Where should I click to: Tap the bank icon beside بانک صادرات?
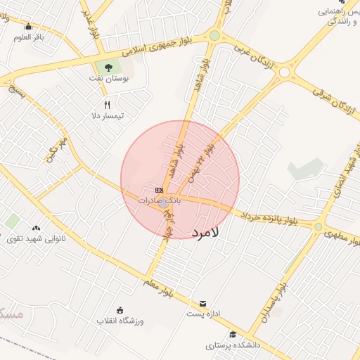tap(160, 190)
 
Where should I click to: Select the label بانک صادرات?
tap(159, 200)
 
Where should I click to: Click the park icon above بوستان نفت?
tap(108, 67)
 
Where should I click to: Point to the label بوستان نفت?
tap(112, 79)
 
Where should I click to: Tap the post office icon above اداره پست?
tap(203, 303)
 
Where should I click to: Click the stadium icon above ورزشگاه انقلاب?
tap(120, 310)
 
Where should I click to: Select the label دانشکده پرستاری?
tap(233, 345)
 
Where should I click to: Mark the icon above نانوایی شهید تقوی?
tap(36, 227)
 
